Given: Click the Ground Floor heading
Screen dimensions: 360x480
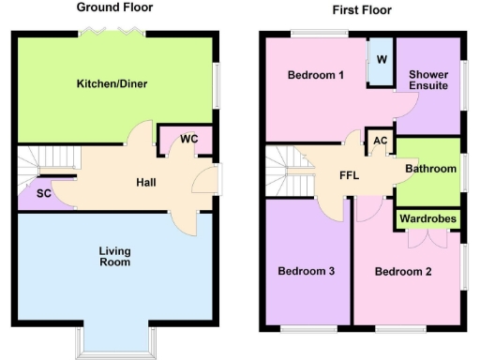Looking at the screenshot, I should click(x=114, y=8).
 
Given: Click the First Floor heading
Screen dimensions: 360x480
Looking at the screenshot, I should click(x=363, y=10).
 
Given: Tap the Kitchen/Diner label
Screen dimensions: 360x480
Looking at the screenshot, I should click(x=112, y=84).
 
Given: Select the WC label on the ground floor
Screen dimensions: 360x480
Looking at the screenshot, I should click(x=188, y=140).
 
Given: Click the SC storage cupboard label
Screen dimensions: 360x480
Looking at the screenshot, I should click(x=42, y=194).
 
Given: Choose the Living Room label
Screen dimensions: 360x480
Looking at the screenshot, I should click(x=116, y=256).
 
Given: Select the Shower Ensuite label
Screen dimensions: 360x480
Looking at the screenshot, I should click(x=427, y=80).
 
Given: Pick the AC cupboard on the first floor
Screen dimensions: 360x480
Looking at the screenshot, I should click(x=379, y=142).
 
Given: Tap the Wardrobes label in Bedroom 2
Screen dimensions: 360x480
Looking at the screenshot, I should click(x=427, y=218).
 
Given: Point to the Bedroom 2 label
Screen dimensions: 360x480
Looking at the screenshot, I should click(x=403, y=272).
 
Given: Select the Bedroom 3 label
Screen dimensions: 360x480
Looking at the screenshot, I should click(x=306, y=271).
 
